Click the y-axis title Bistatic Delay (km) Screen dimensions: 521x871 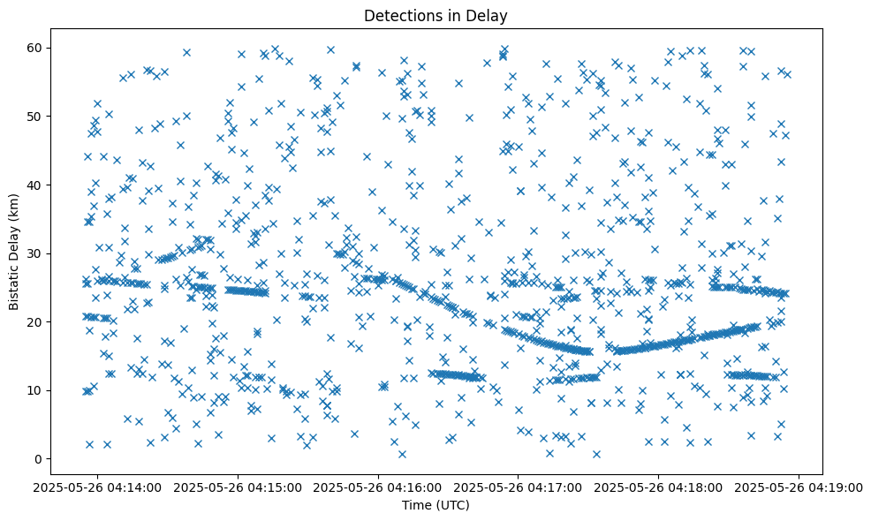[15, 251]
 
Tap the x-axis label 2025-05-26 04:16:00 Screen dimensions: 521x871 [379, 487]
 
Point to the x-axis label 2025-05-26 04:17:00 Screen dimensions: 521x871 [519, 487]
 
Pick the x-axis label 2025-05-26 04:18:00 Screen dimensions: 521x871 [659, 487]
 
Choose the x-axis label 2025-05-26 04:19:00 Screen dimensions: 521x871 [799, 487]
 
